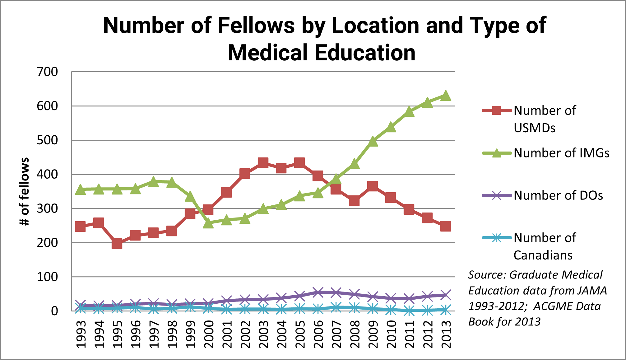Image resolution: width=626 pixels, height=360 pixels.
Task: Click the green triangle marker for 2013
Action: pyautogui.click(x=446, y=96)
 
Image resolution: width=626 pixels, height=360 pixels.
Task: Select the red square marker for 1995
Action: pyautogui.click(x=117, y=244)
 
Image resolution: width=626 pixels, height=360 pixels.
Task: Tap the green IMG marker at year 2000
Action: pyautogui.click(x=208, y=223)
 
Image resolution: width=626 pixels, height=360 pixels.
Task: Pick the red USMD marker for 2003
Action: pyautogui.click(x=263, y=162)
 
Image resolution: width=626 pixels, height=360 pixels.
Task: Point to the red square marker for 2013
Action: pyautogui.click(x=446, y=226)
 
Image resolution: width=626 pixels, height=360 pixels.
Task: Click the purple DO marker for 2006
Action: pyautogui.click(x=318, y=292)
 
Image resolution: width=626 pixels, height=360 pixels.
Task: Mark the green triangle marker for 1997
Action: pyautogui.click(x=153, y=181)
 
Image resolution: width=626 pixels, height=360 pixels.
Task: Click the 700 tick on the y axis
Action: pyautogui.click(x=47, y=72)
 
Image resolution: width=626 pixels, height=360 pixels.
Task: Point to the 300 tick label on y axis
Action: pyautogui.click(x=47, y=208)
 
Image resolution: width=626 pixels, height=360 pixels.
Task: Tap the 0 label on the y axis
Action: pyautogui.click(x=54, y=311)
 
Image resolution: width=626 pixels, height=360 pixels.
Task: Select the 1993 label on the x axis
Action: pyautogui.click(x=81, y=334)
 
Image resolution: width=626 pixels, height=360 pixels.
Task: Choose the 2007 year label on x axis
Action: pyautogui.click(x=336, y=334)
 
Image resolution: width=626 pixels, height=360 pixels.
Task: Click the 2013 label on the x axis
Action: pyautogui.click(x=446, y=334)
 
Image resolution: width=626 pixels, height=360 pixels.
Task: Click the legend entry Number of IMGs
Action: pyautogui.click(x=561, y=153)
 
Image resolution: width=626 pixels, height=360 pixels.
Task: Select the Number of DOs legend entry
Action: pyautogui.click(x=558, y=195)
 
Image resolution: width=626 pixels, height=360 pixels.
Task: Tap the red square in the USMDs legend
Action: pyautogui.click(x=497, y=110)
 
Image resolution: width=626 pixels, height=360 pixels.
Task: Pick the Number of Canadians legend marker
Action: pyautogui.click(x=497, y=238)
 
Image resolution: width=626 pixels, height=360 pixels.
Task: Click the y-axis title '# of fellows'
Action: pyautogui.click(x=24, y=191)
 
